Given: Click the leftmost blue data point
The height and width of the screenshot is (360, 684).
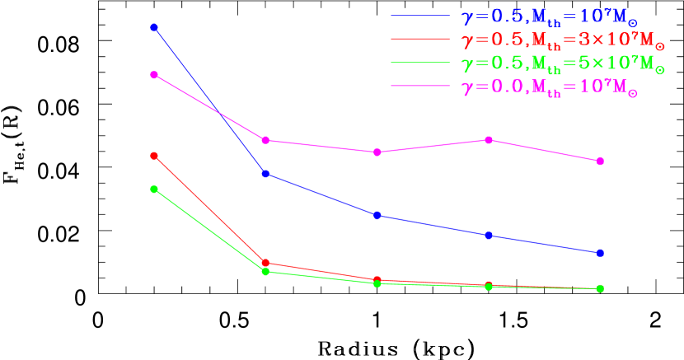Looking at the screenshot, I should pos(154,28).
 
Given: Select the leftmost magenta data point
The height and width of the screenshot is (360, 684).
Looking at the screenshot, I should pos(154,75).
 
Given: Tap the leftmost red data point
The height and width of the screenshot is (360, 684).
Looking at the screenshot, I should pos(154,156).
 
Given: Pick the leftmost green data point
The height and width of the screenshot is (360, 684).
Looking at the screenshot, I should pos(154,189).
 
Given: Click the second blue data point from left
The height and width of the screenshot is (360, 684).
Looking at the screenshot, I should pos(265,174).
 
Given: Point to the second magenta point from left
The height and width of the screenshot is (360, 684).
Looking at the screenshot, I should pos(265,140).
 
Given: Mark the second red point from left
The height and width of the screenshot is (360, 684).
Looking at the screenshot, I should pos(265,263).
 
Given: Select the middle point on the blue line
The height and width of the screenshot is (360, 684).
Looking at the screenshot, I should pos(377,215).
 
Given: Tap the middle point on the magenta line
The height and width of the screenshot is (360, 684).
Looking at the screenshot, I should pos(377,152).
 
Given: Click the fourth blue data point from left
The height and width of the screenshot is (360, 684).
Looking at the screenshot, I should pos(489,236).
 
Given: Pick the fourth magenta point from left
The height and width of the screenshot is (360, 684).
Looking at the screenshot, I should pos(489,140).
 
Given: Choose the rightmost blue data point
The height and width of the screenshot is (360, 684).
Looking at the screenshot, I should pos(600,253).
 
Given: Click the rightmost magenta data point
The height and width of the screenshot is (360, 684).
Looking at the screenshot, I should pos(600,161).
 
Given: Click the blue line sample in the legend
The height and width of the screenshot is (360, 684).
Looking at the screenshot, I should pos(419,15).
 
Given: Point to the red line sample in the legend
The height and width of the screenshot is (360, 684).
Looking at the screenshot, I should pos(419,39).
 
